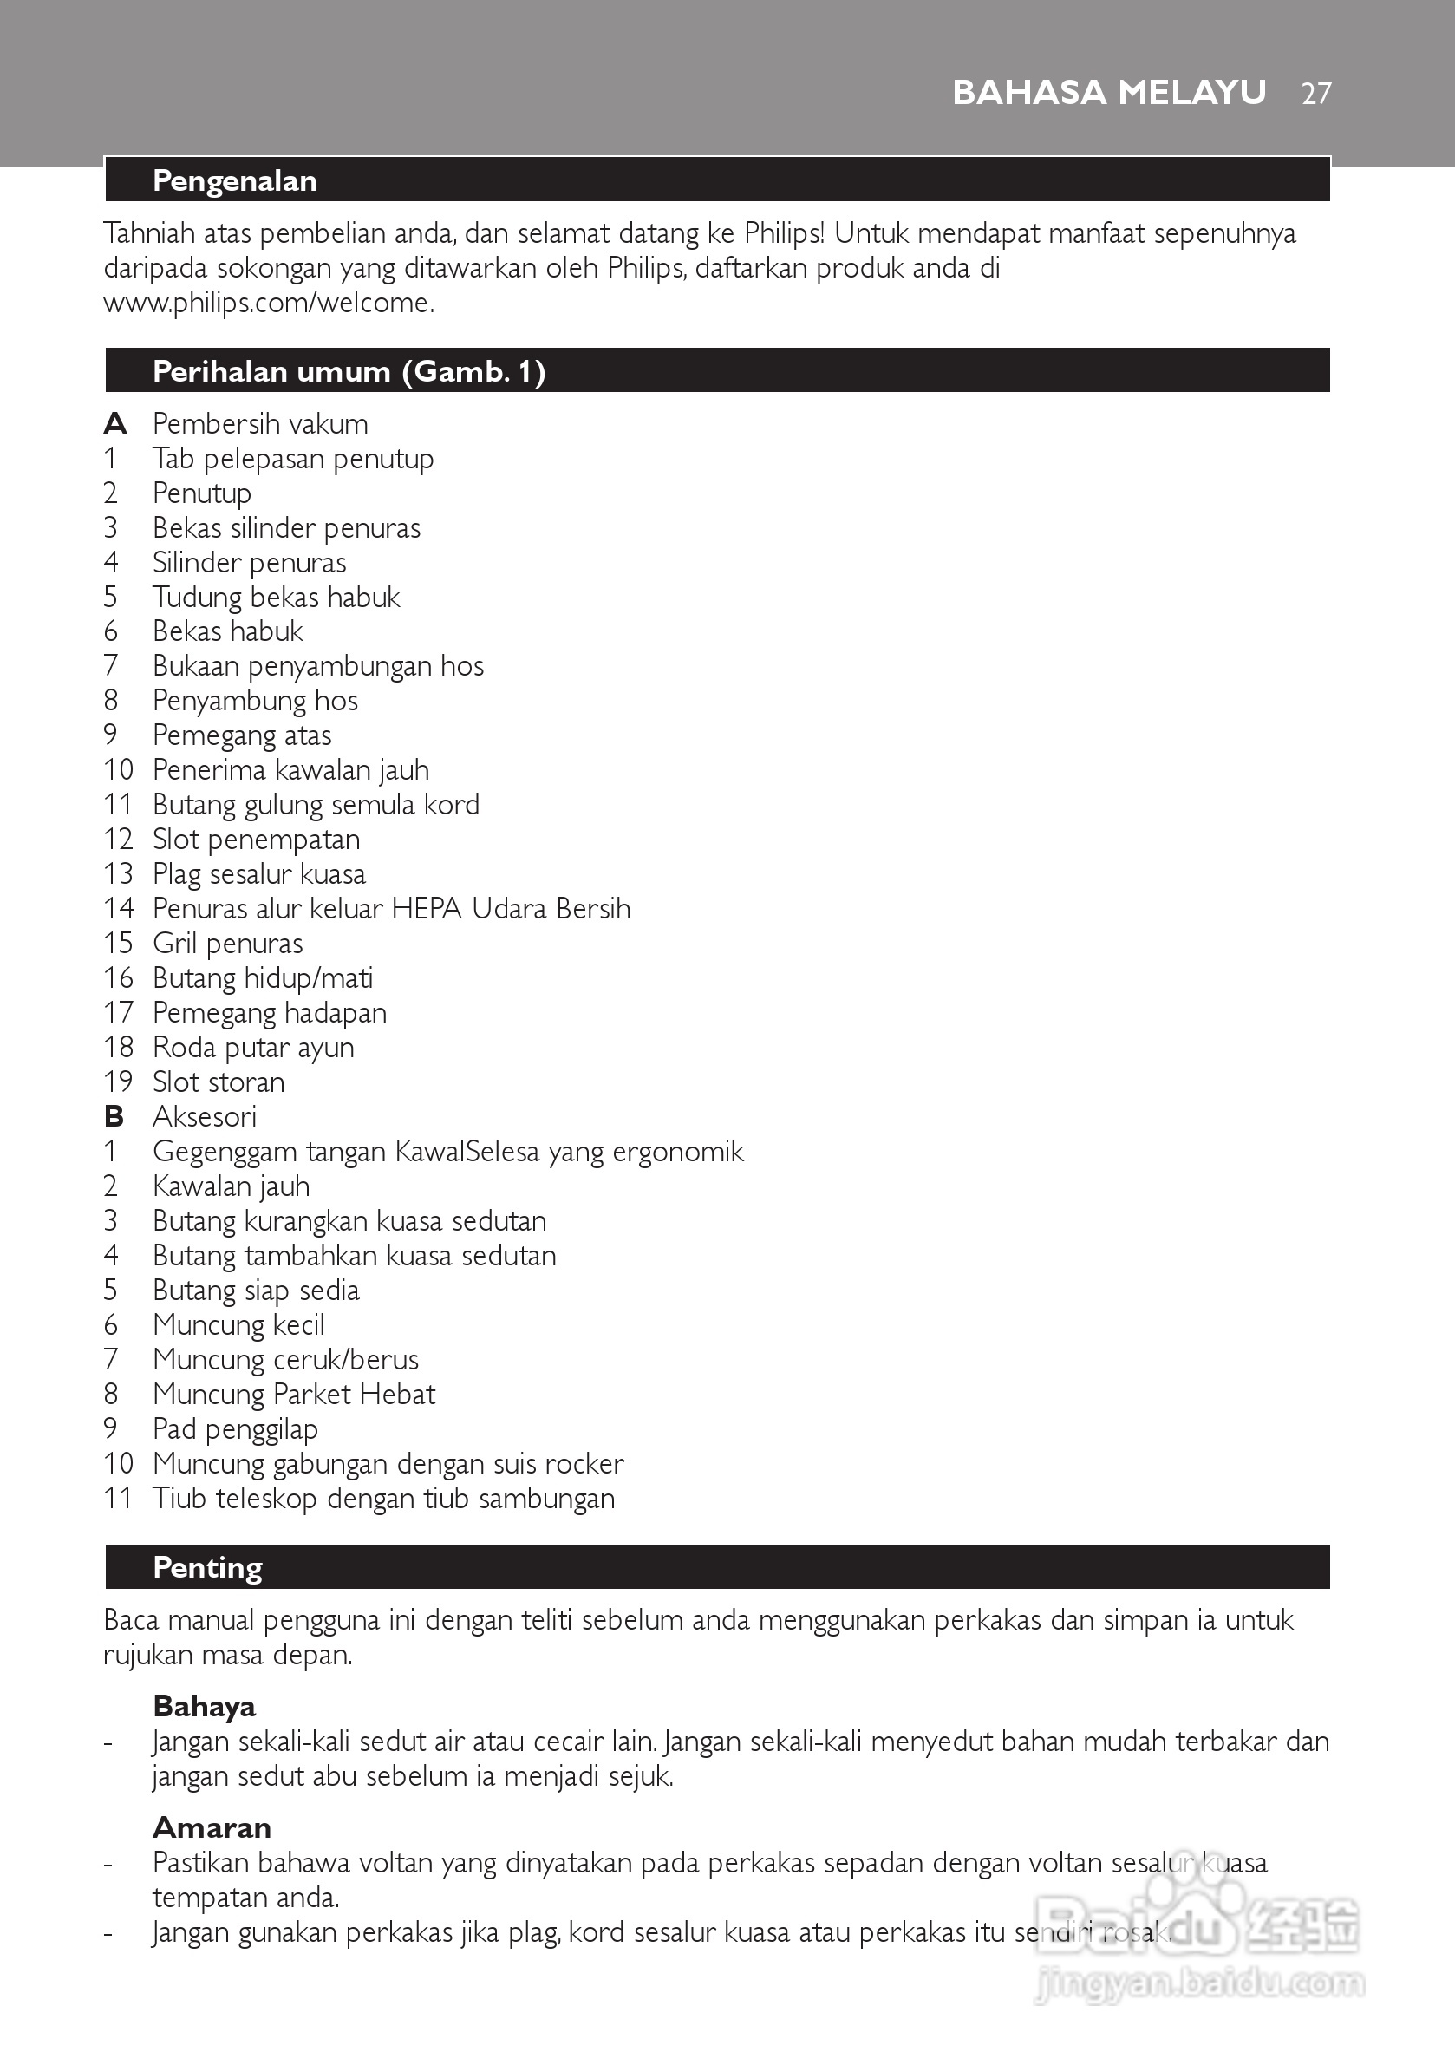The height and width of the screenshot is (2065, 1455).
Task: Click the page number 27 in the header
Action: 1315,94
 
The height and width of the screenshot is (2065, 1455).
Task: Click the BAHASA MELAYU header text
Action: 1109,93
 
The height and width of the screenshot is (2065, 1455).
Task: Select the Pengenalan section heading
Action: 235,180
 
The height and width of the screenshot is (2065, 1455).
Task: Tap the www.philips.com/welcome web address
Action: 269,303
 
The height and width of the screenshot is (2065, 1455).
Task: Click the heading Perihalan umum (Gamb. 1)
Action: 349,371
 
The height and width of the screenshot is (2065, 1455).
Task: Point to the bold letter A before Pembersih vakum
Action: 115,423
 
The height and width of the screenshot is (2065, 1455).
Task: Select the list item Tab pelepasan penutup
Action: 293,459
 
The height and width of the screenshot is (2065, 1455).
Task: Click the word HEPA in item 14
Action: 427,908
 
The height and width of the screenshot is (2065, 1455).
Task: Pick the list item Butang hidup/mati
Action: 263,977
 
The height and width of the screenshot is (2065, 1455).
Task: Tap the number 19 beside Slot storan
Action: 118,1082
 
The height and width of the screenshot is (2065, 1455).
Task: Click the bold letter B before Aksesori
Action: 114,1117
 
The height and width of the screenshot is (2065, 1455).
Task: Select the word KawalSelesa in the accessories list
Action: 467,1151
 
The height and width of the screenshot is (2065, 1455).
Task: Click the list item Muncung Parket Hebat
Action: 294,1394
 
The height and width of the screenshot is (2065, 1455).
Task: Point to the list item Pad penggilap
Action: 236,1429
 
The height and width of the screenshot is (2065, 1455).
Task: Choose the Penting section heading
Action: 208,1568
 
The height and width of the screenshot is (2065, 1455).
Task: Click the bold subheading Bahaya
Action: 204,1706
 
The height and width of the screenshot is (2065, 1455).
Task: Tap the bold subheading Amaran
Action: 212,1827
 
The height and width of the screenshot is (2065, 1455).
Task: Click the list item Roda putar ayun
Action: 253,1048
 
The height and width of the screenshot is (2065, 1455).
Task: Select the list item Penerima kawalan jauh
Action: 291,770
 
